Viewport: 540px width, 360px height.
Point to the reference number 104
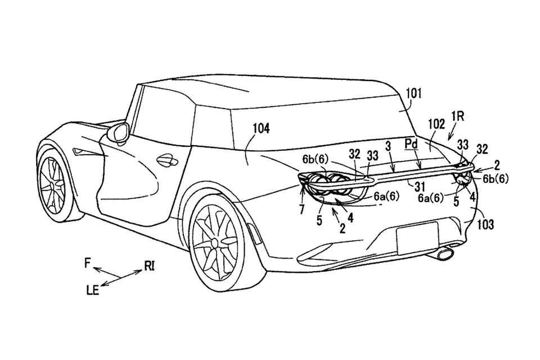260,129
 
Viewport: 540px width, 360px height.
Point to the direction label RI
150,265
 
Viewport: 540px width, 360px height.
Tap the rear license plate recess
418,240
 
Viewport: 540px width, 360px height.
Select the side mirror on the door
119,133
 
